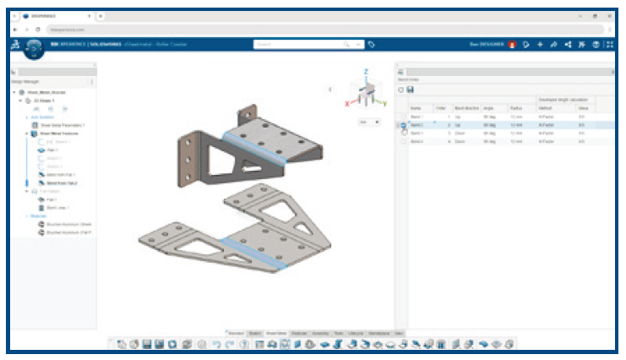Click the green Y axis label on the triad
(x=385, y=104)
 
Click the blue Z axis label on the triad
(x=364, y=73)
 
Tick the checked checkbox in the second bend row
(x=404, y=125)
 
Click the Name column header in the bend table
(x=416, y=108)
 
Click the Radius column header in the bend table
(x=516, y=108)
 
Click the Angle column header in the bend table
(x=488, y=108)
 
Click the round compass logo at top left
(x=32, y=47)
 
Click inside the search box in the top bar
(x=300, y=44)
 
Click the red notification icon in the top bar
(x=512, y=44)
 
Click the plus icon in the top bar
(x=539, y=44)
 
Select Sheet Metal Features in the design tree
(x=60, y=133)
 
